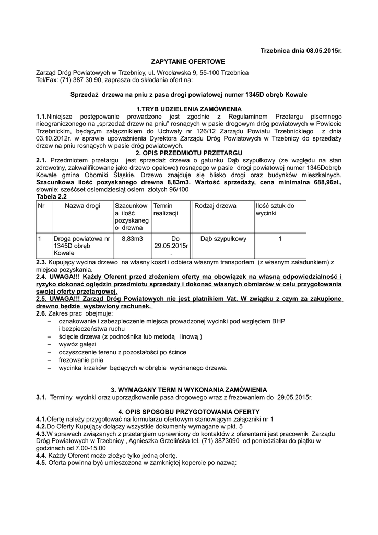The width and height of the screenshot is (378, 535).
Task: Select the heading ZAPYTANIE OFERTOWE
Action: pos(188,61)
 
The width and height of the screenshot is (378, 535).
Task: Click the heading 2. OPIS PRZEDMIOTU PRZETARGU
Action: pos(188,154)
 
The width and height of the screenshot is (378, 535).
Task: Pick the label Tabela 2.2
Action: pos(51,196)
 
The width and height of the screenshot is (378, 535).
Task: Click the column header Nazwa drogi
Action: pos(82,206)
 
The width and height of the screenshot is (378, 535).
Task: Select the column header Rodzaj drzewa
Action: pos(215,206)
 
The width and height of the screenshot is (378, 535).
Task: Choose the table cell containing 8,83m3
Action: pos(132,238)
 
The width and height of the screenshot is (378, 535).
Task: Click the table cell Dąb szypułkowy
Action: pos(223,238)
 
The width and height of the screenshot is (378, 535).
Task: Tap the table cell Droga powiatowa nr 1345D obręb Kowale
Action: pos(81,246)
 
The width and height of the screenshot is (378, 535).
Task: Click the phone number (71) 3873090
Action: pos(222,440)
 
